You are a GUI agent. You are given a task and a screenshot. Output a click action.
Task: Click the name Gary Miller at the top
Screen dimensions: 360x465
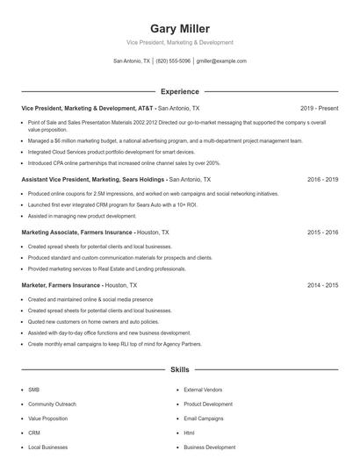tap(179, 28)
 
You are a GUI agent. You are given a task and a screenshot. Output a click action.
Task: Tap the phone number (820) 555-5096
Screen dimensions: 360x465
tap(174, 61)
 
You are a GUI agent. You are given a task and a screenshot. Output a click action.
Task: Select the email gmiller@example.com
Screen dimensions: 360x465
tap(221, 61)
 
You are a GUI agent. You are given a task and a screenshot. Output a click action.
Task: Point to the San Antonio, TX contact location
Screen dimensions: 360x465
tap(132, 61)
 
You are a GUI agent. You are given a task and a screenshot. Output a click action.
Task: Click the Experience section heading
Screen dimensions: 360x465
tap(179, 91)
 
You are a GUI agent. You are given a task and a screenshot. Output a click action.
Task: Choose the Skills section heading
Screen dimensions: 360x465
tap(179, 370)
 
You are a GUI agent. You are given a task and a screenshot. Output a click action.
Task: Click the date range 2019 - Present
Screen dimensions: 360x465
tap(319, 108)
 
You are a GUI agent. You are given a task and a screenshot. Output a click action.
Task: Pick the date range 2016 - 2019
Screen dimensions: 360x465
tap(322, 178)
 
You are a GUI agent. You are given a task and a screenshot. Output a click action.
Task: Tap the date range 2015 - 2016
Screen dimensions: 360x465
tap(322, 232)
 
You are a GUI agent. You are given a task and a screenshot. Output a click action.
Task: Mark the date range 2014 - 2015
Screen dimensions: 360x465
tap(322, 285)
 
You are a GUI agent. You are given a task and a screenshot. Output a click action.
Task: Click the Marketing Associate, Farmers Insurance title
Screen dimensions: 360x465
tap(77, 232)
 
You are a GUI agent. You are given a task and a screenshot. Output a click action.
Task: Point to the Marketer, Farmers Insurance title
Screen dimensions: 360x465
tap(61, 285)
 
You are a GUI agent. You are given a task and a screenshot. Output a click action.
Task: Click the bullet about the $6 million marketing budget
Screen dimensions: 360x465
tap(165, 140)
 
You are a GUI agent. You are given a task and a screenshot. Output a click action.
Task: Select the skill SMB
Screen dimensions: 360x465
tap(33, 390)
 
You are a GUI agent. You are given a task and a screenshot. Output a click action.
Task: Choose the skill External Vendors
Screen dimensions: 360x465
tap(203, 390)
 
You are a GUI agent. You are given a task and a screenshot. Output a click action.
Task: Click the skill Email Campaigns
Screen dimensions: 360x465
tap(204, 418)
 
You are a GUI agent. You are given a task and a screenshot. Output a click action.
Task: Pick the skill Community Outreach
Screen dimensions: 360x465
tap(52, 404)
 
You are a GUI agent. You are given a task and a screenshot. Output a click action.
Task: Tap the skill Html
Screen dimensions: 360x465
tap(189, 433)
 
